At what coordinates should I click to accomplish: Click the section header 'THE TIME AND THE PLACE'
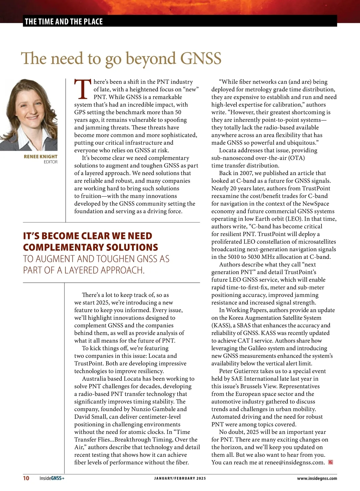click(x=64, y=22)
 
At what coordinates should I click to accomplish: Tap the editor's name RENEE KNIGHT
click(x=40, y=156)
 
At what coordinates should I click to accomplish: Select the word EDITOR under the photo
click(x=50, y=162)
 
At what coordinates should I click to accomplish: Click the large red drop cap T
click(x=82, y=89)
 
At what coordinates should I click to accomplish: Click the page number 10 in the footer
click(x=26, y=478)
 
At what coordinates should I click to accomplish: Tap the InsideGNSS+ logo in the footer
click(x=52, y=478)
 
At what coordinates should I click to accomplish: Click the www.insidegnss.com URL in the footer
click(x=317, y=478)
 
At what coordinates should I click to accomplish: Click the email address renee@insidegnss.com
click(x=294, y=463)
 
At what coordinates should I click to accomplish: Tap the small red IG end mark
click(x=331, y=462)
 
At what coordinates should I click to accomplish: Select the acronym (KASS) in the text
click(x=221, y=326)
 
